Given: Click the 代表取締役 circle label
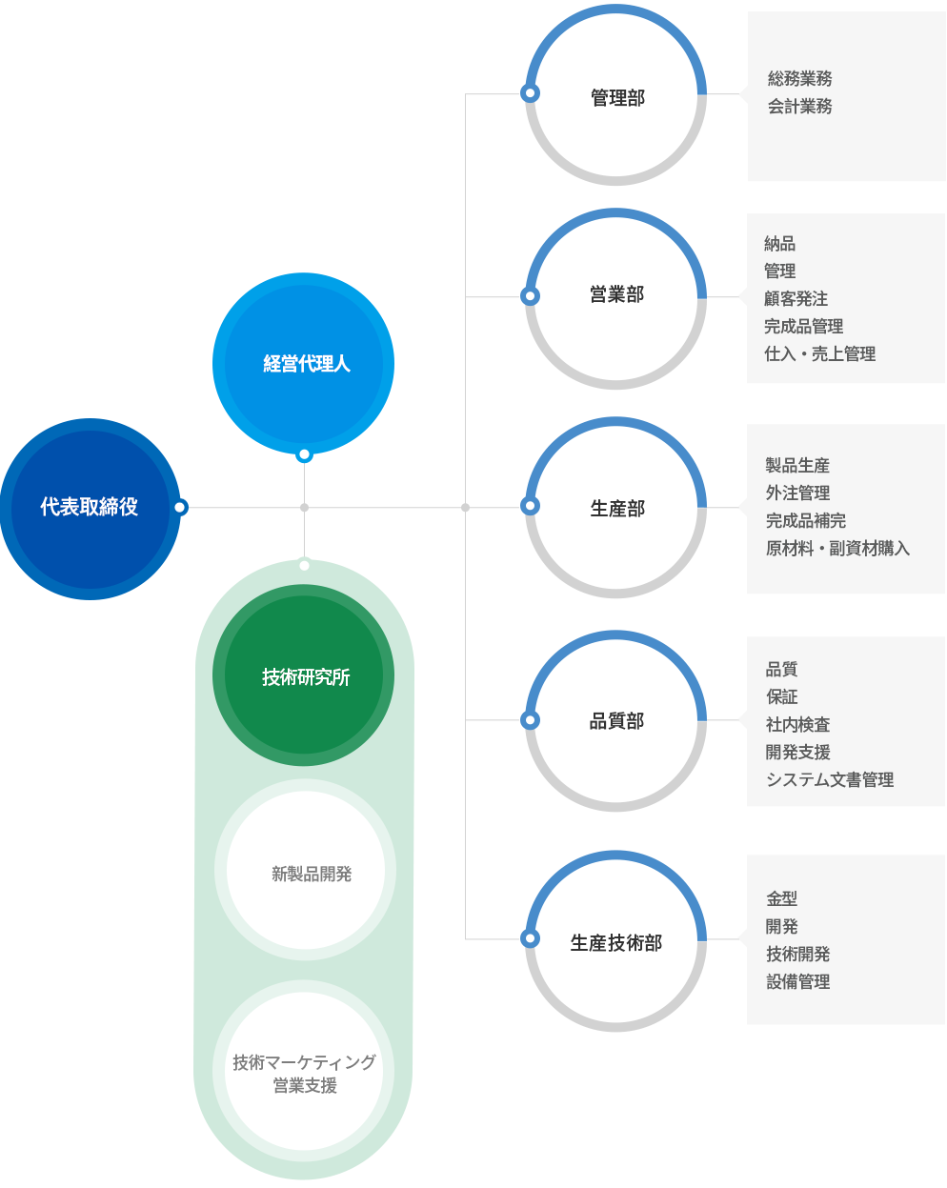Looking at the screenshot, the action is pos(89,507).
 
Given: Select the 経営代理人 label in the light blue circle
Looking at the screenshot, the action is pos(307,364).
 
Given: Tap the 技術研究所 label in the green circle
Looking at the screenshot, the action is pos(306,676).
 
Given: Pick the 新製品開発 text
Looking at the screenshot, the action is pos(312,874).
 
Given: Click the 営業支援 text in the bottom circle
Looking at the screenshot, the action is pos(305,1085).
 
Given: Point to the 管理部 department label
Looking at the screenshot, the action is pos(618,98).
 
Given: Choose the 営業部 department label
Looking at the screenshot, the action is pos(616,294).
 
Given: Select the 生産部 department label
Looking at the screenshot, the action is pos(617,509).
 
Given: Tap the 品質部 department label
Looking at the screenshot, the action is pos(616,721).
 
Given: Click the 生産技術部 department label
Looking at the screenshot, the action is pos(616,943).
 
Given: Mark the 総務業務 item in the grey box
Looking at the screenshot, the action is pos(799,78).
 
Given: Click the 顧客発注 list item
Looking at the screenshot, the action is pos(796,298).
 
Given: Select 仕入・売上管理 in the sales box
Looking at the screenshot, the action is pos(820,353).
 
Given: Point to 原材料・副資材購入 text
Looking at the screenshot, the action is pos(837,548).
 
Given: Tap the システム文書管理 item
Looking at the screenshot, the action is pos(830,779).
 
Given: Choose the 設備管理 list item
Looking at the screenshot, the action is pos(798,981).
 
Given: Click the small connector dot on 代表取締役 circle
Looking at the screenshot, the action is pos(180,508).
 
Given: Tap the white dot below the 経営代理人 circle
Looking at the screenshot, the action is pos(304,454).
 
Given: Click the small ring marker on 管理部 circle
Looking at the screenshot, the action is pos(530,93).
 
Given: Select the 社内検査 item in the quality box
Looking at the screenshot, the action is pos(798,724).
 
